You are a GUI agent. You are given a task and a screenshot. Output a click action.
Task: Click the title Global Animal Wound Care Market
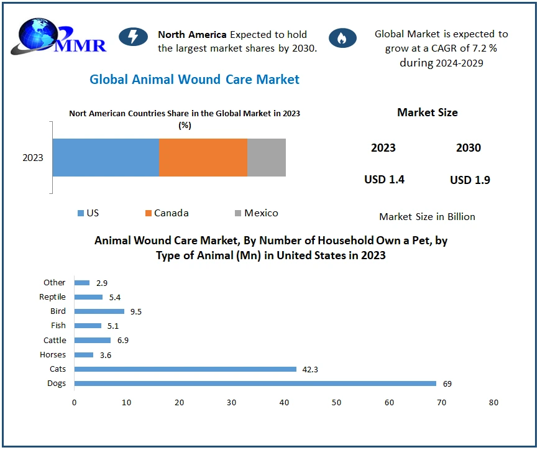pos(194,80)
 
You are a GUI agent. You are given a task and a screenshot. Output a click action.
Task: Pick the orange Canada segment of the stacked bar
pos(203,157)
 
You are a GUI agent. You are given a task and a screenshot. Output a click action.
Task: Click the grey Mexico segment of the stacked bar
pos(267,157)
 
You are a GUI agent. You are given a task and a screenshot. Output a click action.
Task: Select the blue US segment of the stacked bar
pos(106,157)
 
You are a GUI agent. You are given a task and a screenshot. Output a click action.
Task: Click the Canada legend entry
pos(166,213)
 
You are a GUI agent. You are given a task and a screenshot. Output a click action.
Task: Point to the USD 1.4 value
pos(384,180)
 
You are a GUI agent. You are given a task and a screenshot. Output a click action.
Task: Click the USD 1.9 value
pos(470,180)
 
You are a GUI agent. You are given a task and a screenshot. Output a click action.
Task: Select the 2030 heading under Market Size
pos(469,148)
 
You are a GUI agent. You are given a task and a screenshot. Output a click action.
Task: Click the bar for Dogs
pos(255,383)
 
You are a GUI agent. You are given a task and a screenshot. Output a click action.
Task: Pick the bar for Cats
pos(185,369)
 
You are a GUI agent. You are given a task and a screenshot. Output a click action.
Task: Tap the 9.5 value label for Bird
pos(135,311)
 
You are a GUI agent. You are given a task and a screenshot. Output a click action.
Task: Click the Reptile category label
pos(52,297)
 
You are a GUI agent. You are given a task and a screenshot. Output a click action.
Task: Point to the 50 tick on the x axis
pos(336,403)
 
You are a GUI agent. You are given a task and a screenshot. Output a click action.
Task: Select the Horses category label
pos(52,355)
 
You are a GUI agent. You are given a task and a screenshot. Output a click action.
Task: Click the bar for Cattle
pos(92,341)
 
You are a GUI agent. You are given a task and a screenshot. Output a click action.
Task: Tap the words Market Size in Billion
pos(427,217)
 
